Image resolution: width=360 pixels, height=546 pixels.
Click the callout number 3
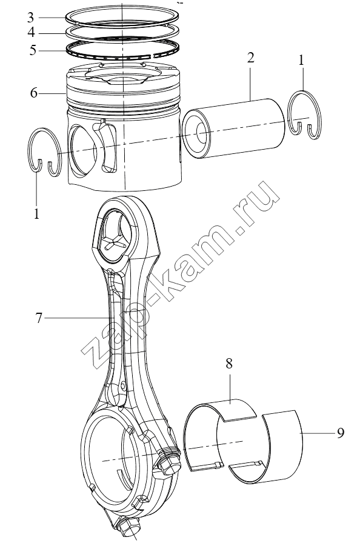pos(31,18)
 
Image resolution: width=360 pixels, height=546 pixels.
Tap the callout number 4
pos(32,33)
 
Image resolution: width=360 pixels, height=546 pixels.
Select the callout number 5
pos(33,50)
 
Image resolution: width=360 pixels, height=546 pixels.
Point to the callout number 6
pos(33,93)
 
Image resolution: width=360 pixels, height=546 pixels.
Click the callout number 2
pos(251,58)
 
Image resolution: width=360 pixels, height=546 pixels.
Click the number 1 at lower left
pos(36,214)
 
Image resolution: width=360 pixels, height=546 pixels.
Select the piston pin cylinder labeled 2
pos(233,128)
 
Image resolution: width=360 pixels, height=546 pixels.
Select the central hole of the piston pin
pos(203,133)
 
